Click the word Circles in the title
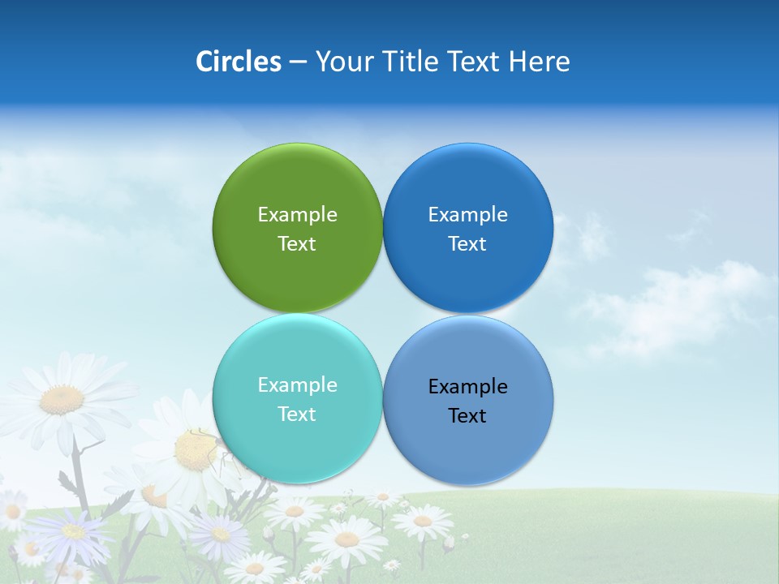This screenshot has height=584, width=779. pos(238,62)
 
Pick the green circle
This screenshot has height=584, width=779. pos(297,187)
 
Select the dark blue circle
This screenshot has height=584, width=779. pos(468,187)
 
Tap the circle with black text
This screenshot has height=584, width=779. pos(468,442)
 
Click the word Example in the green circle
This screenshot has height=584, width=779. pos(297,215)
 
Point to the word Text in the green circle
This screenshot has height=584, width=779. pos(297,244)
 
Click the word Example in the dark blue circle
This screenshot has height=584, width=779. pos(468,215)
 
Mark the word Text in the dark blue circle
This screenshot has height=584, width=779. pos(468,244)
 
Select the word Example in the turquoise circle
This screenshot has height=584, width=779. pos(297,385)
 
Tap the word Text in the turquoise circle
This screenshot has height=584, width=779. pos(297,414)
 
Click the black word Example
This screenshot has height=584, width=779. pos(468,387)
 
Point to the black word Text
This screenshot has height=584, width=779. pos(468,416)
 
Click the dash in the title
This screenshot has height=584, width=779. pos(298,62)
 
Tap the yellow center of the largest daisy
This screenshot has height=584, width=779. pos(62,399)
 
